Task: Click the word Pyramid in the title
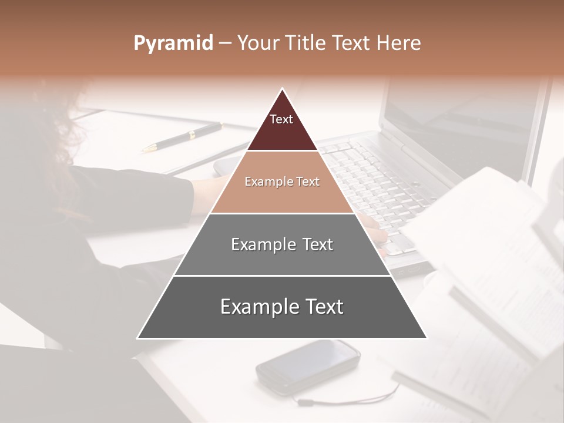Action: pyautogui.click(x=173, y=43)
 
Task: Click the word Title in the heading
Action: pyautogui.click(x=306, y=43)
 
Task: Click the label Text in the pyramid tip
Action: pyautogui.click(x=281, y=119)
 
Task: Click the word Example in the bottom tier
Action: pyautogui.click(x=256, y=307)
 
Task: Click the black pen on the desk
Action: pyautogui.click(x=182, y=137)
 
